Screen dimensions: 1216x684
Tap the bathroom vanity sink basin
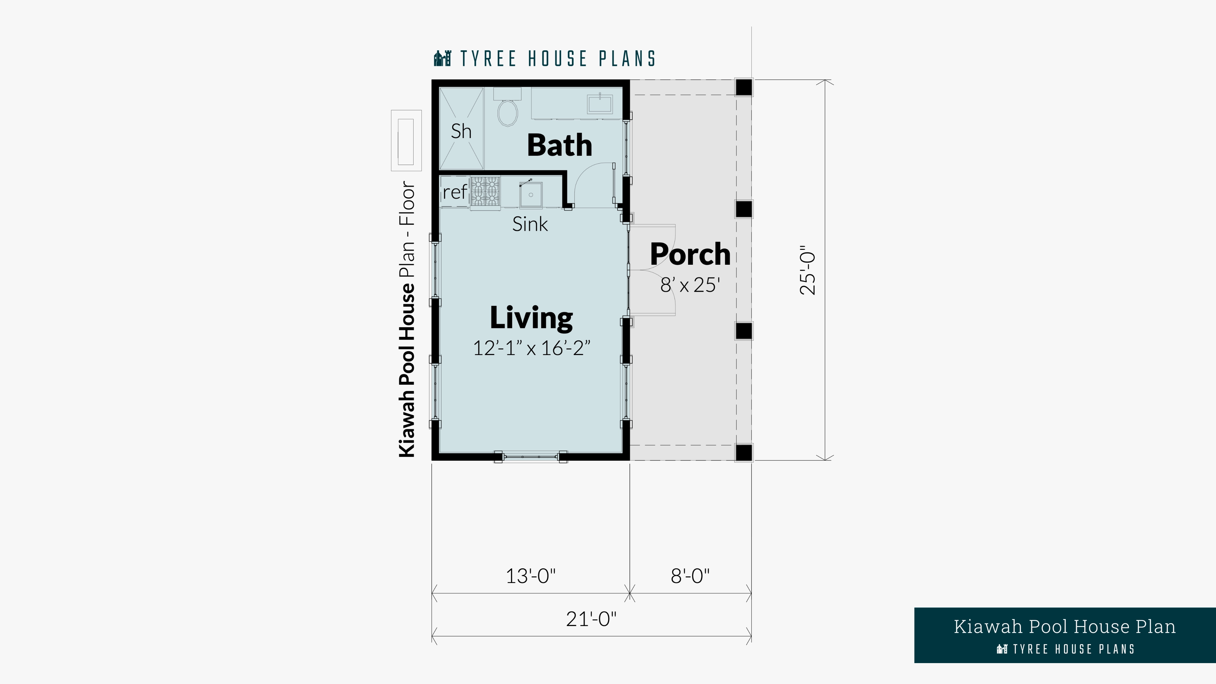599,104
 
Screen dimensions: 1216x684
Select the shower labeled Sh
461,128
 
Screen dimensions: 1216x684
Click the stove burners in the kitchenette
485,191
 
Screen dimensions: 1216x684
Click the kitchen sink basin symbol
531,194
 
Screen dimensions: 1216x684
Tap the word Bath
559,145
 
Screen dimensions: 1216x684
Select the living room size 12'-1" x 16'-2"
532,348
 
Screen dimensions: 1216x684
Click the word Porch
690,254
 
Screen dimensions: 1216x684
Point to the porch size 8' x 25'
690,285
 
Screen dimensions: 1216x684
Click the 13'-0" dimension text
531,576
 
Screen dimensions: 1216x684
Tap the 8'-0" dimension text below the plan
690,576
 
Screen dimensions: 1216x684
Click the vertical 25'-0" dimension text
808,270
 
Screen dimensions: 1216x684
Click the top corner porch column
744,87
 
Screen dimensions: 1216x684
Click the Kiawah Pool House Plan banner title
1064,627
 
